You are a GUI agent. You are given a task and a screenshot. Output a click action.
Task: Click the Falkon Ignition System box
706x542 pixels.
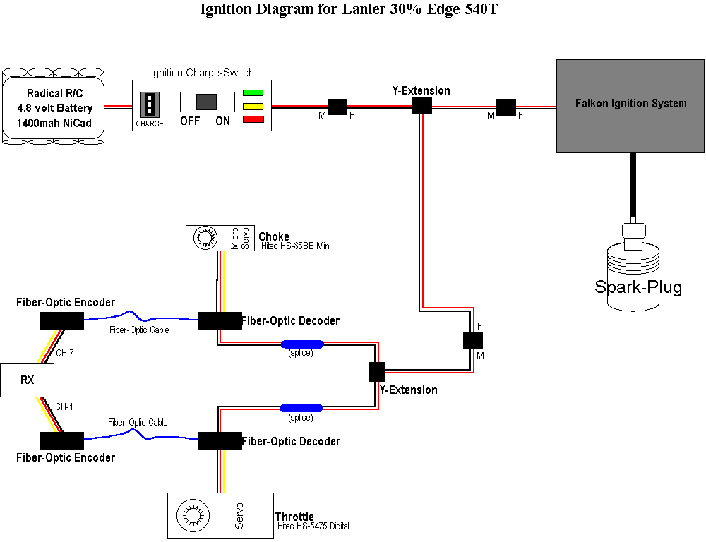pyautogui.click(x=630, y=106)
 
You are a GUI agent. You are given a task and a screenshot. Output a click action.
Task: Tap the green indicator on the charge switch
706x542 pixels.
pyautogui.click(x=253, y=92)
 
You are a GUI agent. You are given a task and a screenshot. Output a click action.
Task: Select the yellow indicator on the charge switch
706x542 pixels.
pyautogui.click(x=253, y=106)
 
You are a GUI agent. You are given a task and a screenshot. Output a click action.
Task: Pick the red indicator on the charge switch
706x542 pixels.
pyautogui.click(x=253, y=119)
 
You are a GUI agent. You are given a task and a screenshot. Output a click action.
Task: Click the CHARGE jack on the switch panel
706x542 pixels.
pyautogui.click(x=150, y=104)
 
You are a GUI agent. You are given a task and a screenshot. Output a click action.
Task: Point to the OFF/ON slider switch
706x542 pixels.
pyautogui.click(x=205, y=102)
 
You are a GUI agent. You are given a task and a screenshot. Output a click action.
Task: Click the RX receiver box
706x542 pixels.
pyautogui.click(x=27, y=380)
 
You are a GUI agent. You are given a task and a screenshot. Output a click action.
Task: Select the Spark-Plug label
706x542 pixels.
pyautogui.click(x=638, y=288)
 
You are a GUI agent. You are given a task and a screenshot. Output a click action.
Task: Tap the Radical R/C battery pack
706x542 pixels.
pyautogui.click(x=54, y=107)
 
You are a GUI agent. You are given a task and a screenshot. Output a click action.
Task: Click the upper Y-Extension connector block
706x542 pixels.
pyautogui.click(x=421, y=106)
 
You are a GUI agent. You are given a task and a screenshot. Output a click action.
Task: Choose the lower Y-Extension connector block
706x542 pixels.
pyautogui.click(x=377, y=371)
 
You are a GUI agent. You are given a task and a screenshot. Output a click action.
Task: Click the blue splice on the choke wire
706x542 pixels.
pyautogui.click(x=302, y=344)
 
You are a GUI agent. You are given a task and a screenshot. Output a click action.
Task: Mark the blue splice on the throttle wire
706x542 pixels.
pyautogui.click(x=301, y=408)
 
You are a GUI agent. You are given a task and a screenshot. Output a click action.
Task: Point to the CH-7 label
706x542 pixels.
pyautogui.click(x=64, y=354)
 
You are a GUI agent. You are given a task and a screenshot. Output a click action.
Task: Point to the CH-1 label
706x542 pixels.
pyautogui.click(x=64, y=406)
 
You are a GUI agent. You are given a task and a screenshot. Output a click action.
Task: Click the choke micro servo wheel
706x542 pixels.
pyautogui.click(x=206, y=239)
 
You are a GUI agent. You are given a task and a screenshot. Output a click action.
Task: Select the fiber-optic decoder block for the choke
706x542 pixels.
pyautogui.click(x=220, y=320)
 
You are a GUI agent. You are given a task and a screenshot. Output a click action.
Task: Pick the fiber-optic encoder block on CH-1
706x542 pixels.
pyautogui.click(x=61, y=441)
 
